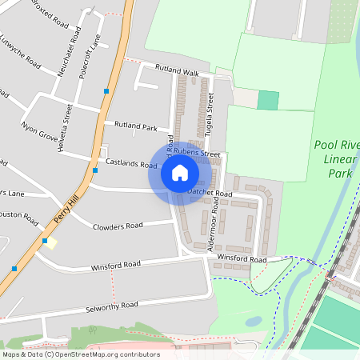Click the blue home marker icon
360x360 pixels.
click(179, 173)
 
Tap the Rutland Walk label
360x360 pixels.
click(176, 71)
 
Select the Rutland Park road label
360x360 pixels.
click(136, 126)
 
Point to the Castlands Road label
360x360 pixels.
click(131, 163)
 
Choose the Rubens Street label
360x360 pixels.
click(199, 154)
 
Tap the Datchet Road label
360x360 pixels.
click(210, 193)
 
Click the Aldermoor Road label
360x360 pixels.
click(214, 231)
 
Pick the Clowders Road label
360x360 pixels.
click(118, 226)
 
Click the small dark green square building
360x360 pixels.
click(268, 101)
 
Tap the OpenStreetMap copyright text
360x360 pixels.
click(80, 354)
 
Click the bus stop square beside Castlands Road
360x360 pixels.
click(95, 170)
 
